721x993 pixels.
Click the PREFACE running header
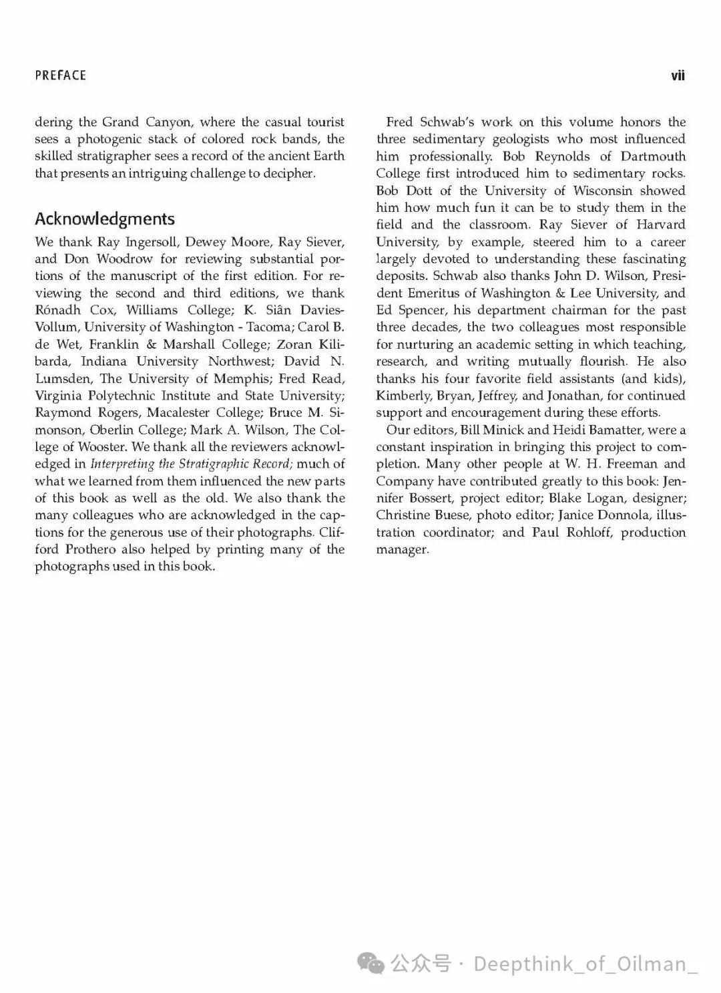pyautogui.click(x=61, y=76)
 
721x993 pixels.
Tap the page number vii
pyautogui.click(x=678, y=76)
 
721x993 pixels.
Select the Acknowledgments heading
pyautogui.click(x=105, y=219)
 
